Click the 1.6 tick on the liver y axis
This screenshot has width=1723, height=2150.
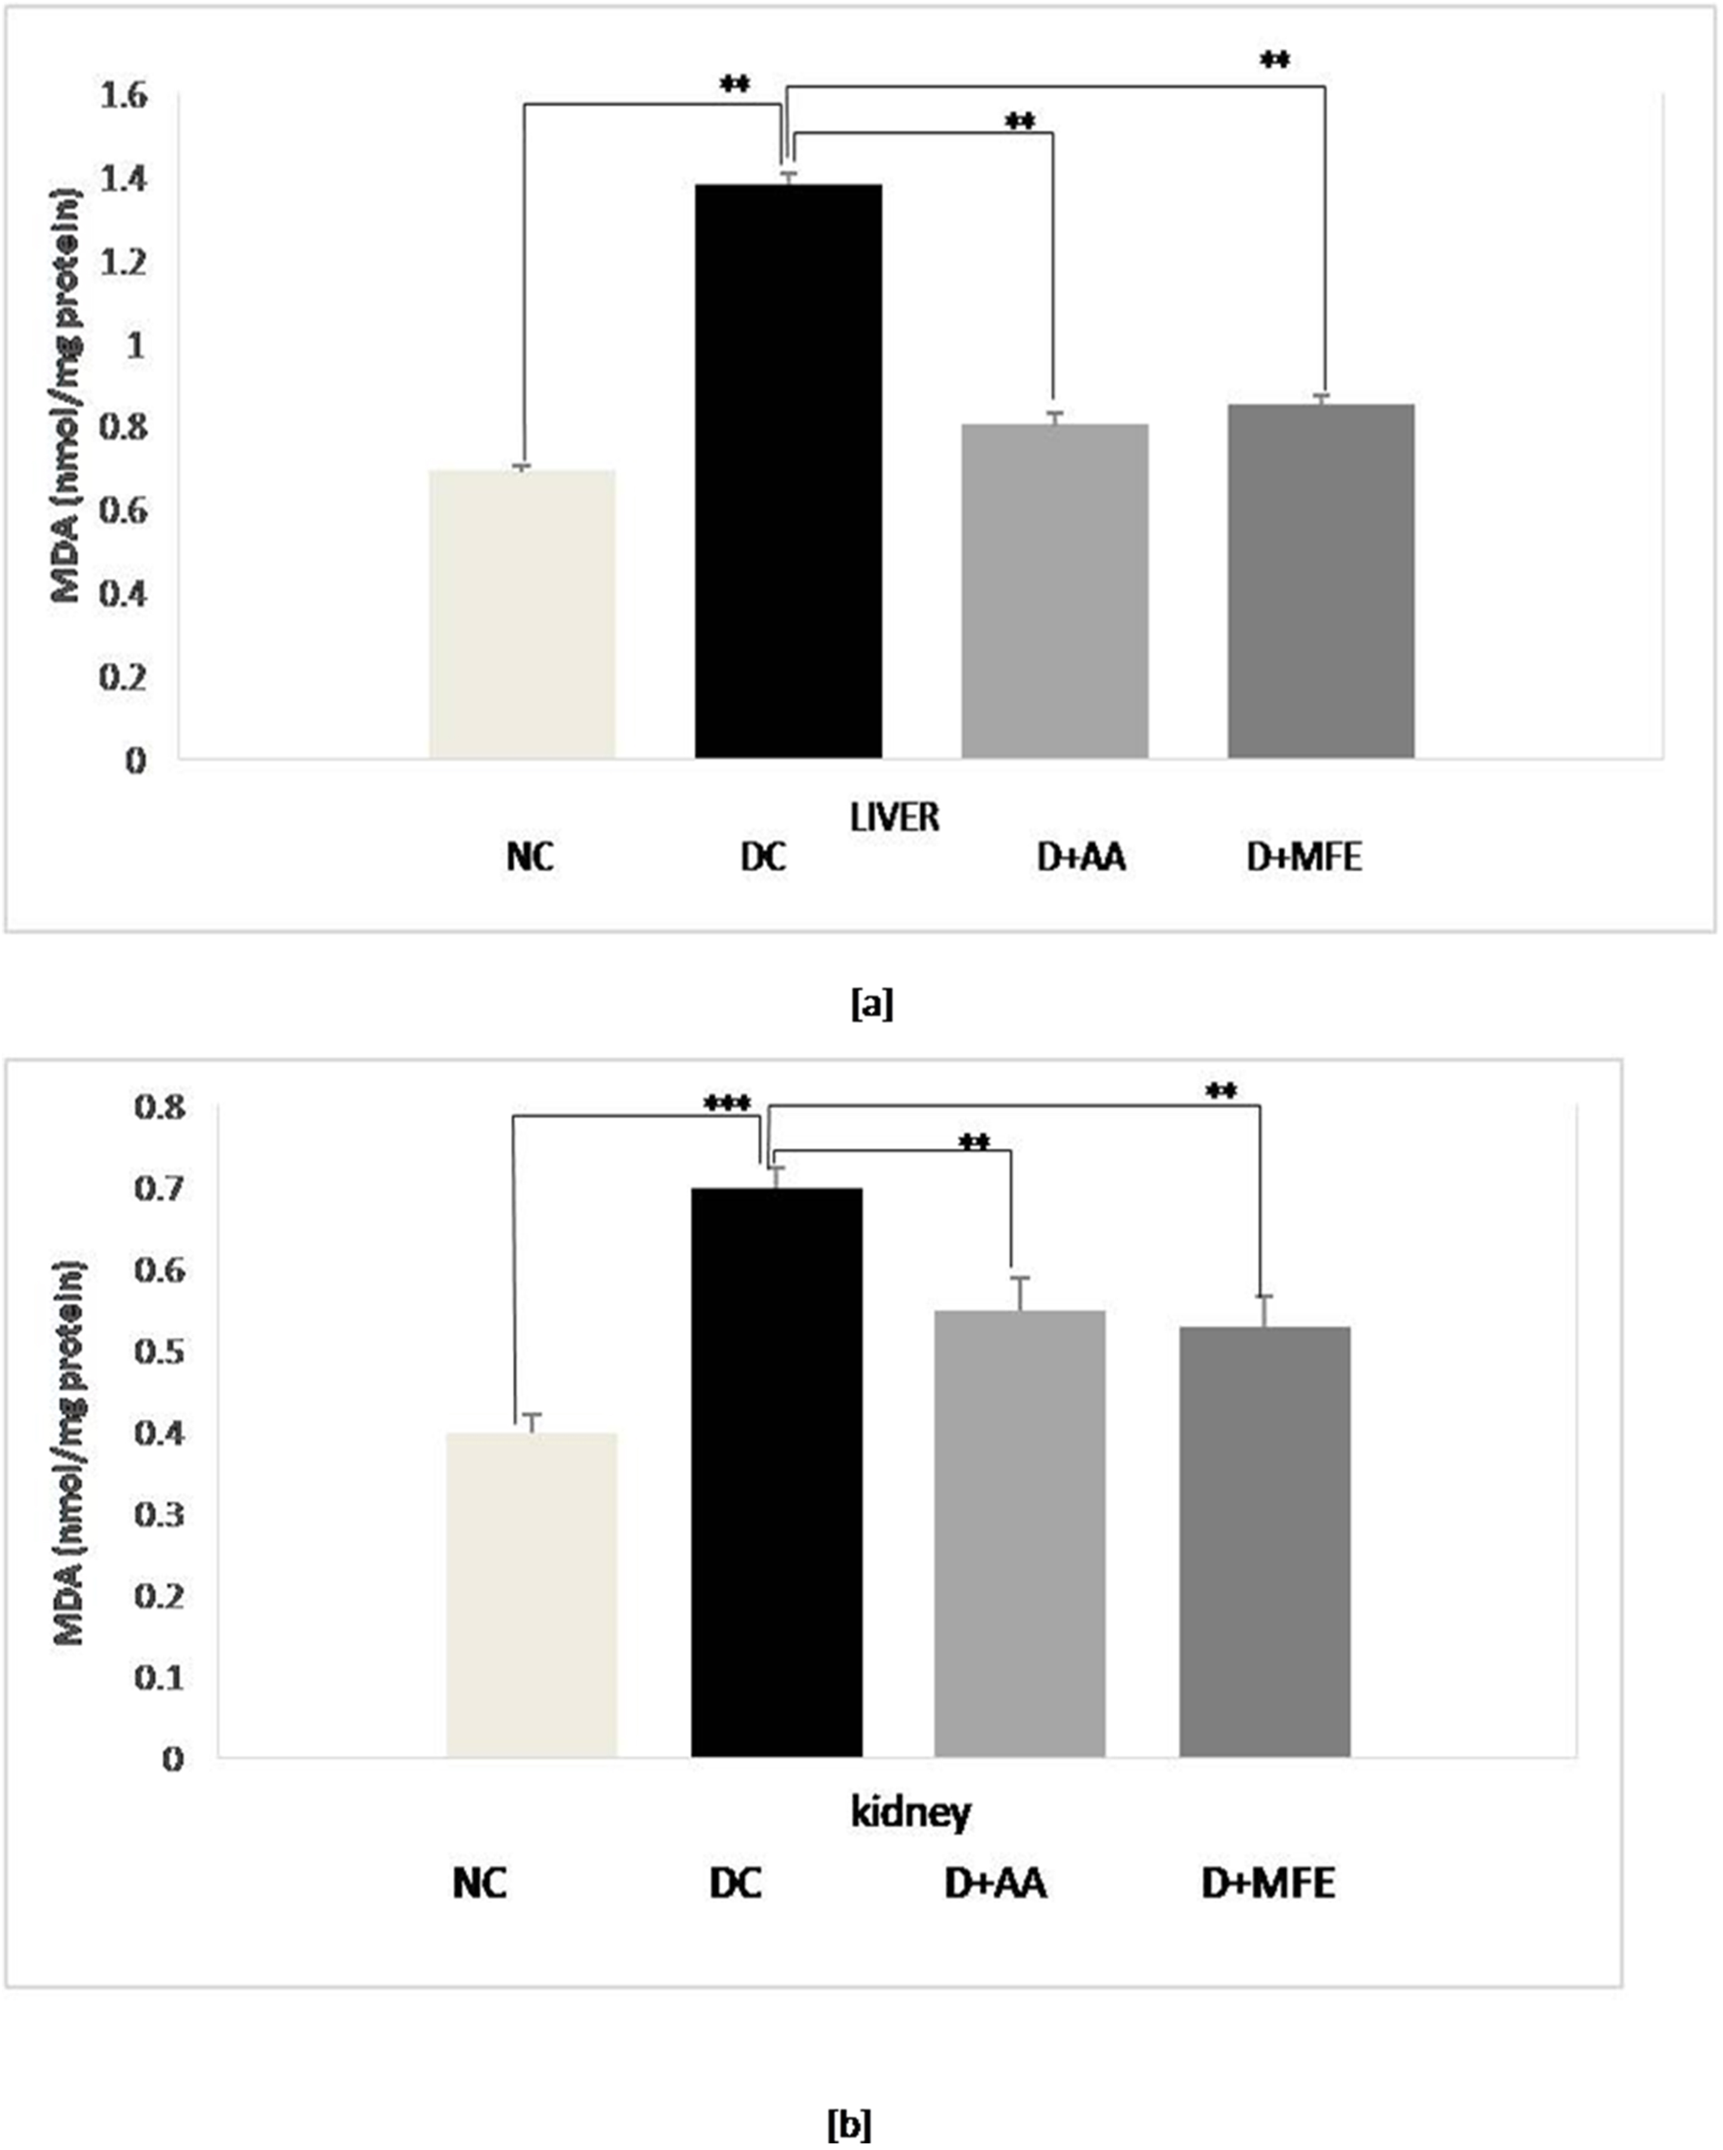(x=124, y=97)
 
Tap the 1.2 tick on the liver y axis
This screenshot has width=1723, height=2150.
(x=124, y=264)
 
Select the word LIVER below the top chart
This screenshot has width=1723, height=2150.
(x=894, y=817)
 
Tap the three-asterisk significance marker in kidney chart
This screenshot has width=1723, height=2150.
(x=728, y=1104)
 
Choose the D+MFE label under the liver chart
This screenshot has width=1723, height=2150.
(x=1303, y=857)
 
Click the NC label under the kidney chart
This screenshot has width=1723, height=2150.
(x=480, y=1883)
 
